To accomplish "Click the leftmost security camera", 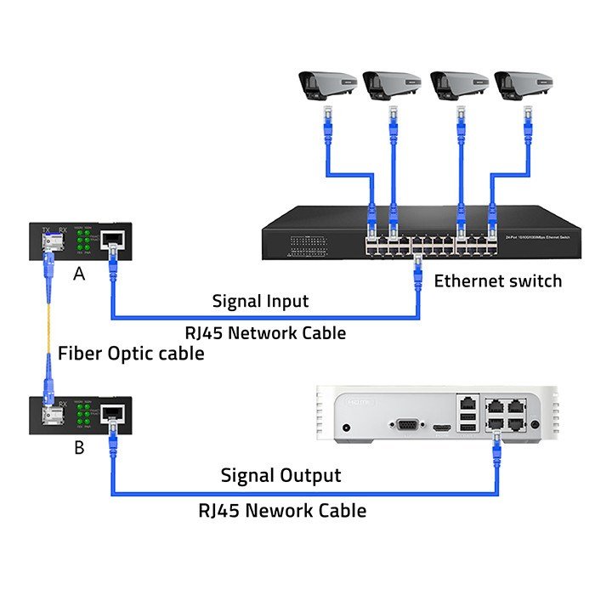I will pos(325,84).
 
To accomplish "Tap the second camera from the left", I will pos(391,84).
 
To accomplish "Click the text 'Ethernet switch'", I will pos(498,280).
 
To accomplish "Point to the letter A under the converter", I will pos(79,274).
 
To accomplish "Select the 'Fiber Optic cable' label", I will pos(131,354).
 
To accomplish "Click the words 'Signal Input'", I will pos(260,301).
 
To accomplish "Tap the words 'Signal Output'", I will pos(280,475).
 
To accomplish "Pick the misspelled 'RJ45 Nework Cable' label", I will pos(282,510).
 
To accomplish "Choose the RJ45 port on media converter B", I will pos(112,414).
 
